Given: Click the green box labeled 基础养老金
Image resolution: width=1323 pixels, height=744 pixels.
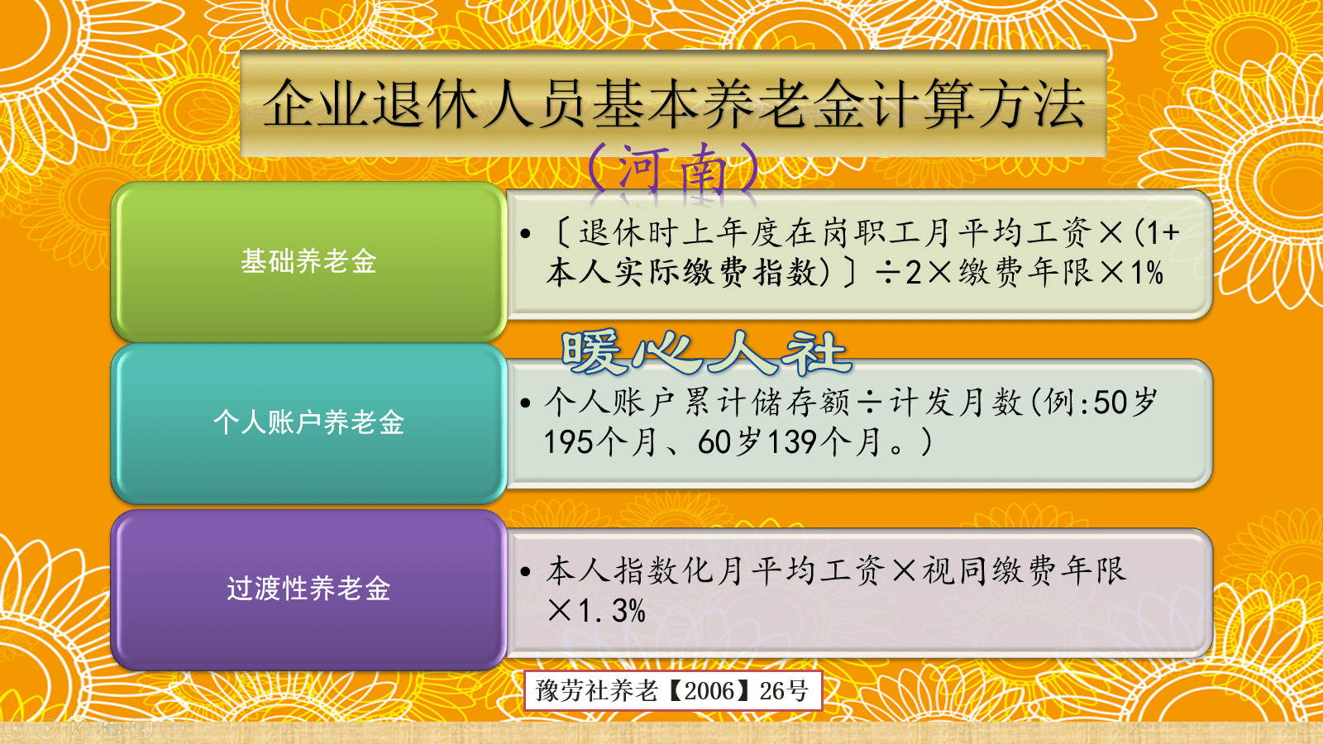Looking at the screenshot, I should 308,261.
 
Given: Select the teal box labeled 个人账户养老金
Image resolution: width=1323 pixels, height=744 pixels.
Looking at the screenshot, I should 308,422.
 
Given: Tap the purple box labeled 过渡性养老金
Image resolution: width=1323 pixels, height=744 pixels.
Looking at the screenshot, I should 308,589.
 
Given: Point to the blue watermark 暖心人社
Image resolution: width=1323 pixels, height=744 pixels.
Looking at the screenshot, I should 704,352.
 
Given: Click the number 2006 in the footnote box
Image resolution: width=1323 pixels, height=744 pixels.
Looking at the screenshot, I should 709,690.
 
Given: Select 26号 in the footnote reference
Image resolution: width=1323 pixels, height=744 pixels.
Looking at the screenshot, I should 784,690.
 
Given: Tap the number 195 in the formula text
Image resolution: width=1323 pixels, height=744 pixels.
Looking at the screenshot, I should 568,442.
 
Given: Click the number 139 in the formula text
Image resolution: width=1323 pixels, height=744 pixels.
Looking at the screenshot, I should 792,442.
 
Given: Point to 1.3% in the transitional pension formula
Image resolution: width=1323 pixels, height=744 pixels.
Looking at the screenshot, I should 612,611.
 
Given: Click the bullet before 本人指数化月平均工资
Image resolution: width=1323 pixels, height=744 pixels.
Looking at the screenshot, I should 525,571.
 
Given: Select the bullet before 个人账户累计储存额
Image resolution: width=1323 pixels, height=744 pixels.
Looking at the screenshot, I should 525,403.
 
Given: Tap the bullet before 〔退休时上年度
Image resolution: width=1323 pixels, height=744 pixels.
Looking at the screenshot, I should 525,234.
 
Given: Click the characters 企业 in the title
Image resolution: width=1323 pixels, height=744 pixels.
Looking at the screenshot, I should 316,105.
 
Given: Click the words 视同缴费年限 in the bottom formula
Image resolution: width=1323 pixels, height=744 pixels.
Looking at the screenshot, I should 1024,570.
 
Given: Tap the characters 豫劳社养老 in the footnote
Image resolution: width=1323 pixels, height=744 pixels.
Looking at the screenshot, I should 596,690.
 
